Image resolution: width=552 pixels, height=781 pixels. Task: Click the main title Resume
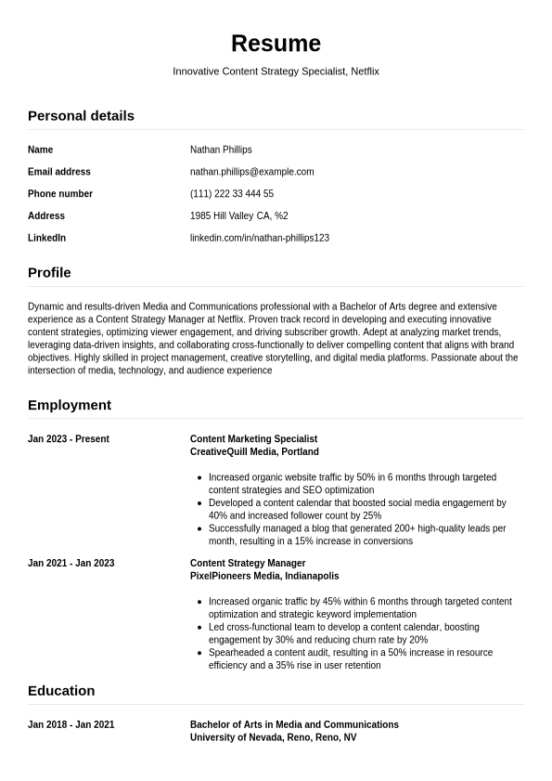point(276,44)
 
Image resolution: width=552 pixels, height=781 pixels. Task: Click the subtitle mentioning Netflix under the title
point(276,72)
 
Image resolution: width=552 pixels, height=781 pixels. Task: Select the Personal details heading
point(81,116)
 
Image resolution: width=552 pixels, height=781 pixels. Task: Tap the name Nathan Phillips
point(221,150)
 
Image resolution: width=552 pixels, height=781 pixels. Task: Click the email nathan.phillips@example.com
point(251,172)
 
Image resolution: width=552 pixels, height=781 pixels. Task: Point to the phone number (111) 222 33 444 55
point(231,194)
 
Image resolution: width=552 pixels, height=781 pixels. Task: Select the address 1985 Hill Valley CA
point(238,216)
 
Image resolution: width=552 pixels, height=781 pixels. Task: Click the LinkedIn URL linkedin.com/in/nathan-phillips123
point(259,239)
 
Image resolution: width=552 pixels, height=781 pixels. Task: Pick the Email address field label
point(59,172)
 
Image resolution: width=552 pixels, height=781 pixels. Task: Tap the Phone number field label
point(60,194)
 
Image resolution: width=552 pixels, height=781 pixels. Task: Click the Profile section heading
point(49,273)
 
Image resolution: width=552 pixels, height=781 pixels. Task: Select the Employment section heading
point(70,406)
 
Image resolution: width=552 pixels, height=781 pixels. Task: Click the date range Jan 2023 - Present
point(69,439)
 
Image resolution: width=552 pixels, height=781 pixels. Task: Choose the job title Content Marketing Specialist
point(253,439)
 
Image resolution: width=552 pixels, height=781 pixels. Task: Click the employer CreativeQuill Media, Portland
point(254,452)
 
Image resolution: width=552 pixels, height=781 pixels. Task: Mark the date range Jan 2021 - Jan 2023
point(71,564)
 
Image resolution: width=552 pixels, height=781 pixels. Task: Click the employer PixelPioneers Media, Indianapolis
point(264,577)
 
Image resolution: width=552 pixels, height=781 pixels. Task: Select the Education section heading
point(61,691)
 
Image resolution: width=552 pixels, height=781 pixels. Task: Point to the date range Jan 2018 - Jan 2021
point(71,725)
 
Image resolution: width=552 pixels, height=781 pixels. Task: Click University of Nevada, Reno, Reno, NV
point(273,738)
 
